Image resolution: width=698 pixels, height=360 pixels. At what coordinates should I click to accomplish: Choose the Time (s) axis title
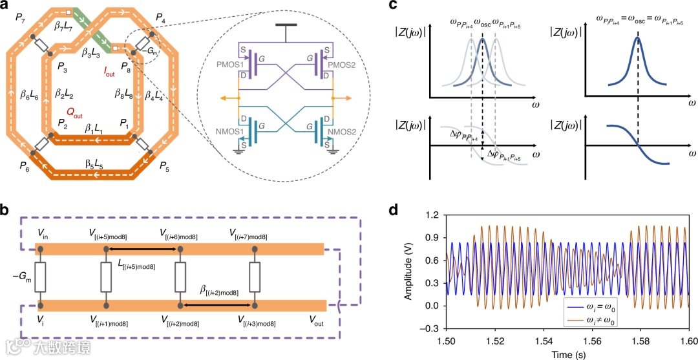[567, 354]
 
